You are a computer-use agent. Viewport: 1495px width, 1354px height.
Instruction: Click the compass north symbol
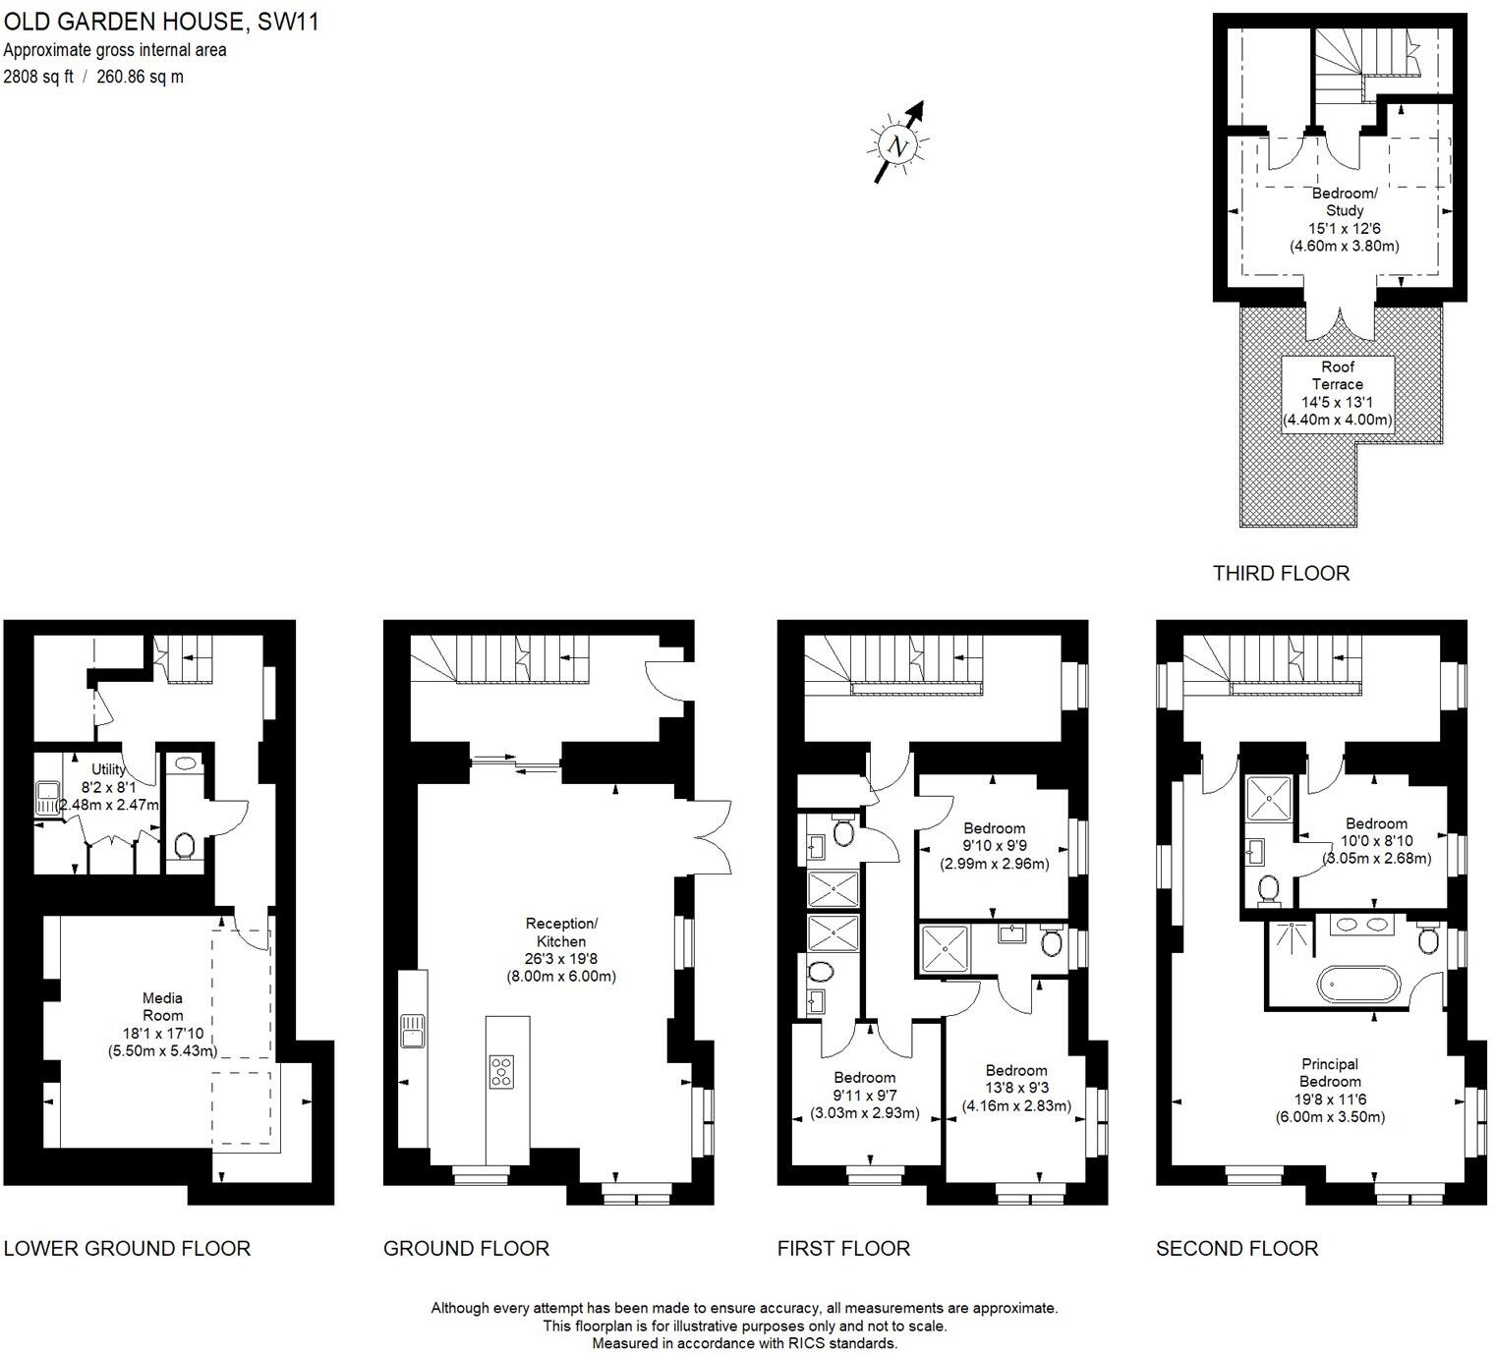pos(897,145)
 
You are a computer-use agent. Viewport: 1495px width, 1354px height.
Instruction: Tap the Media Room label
pos(162,1006)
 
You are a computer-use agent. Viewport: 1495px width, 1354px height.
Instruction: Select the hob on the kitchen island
pos(501,1070)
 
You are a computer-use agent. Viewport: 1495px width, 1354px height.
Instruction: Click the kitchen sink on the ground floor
pos(412,1033)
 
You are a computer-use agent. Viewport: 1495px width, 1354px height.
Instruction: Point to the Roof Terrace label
pos(1338,375)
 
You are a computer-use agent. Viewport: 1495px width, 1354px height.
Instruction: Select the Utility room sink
pos(47,796)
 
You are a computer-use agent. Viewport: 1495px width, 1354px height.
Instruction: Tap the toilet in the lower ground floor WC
pos(184,844)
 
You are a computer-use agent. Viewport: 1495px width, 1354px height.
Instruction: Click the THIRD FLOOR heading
pos(1281,573)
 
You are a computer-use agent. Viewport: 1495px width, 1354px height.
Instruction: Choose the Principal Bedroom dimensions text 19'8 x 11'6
pos(1330,1100)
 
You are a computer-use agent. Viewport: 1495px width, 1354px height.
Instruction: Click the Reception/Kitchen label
pos(561,932)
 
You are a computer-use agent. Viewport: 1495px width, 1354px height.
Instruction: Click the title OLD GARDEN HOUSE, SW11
pos(161,22)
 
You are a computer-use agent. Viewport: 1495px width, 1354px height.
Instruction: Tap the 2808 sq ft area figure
pos(38,77)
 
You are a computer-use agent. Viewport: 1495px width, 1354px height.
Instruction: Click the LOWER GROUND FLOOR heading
pos(127,1248)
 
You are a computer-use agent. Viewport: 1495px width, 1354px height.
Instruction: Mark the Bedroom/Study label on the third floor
pos(1345,201)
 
